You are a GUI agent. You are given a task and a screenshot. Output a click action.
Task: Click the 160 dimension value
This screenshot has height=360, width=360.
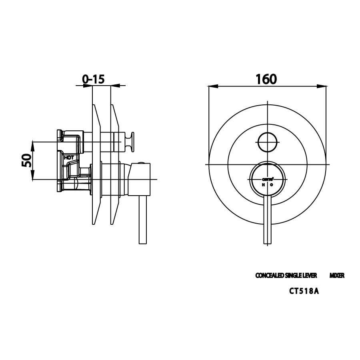tap(266, 79)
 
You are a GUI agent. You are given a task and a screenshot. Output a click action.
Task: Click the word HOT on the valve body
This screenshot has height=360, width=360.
tap(69, 158)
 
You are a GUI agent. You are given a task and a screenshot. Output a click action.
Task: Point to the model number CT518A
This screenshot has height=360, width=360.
tap(304, 291)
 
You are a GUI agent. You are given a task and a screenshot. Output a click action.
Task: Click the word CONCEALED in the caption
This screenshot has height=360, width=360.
tap(269, 276)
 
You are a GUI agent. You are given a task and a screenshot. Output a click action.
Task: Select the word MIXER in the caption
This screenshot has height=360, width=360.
tap(337, 276)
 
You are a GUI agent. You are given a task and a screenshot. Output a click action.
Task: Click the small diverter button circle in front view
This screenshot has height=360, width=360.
tap(267, 142)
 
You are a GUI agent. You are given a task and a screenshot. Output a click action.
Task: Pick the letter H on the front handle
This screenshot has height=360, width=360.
tap(263, 185)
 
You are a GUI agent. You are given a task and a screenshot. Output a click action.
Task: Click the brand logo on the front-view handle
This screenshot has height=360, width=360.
tap(267, 180)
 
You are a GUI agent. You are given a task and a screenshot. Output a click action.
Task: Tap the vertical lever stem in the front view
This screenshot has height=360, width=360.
tap(267, 220)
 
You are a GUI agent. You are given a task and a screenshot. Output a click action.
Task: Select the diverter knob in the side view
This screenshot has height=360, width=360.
tap(131, 142)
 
